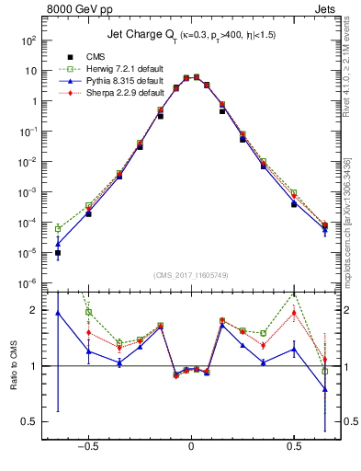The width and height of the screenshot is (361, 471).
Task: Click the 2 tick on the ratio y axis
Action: point(34,310)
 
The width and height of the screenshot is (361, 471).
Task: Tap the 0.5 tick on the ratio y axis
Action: point(29,421)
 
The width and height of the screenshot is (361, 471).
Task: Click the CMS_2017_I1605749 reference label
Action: point(191,276)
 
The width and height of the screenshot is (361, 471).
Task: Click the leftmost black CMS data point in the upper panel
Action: point(58,252)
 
